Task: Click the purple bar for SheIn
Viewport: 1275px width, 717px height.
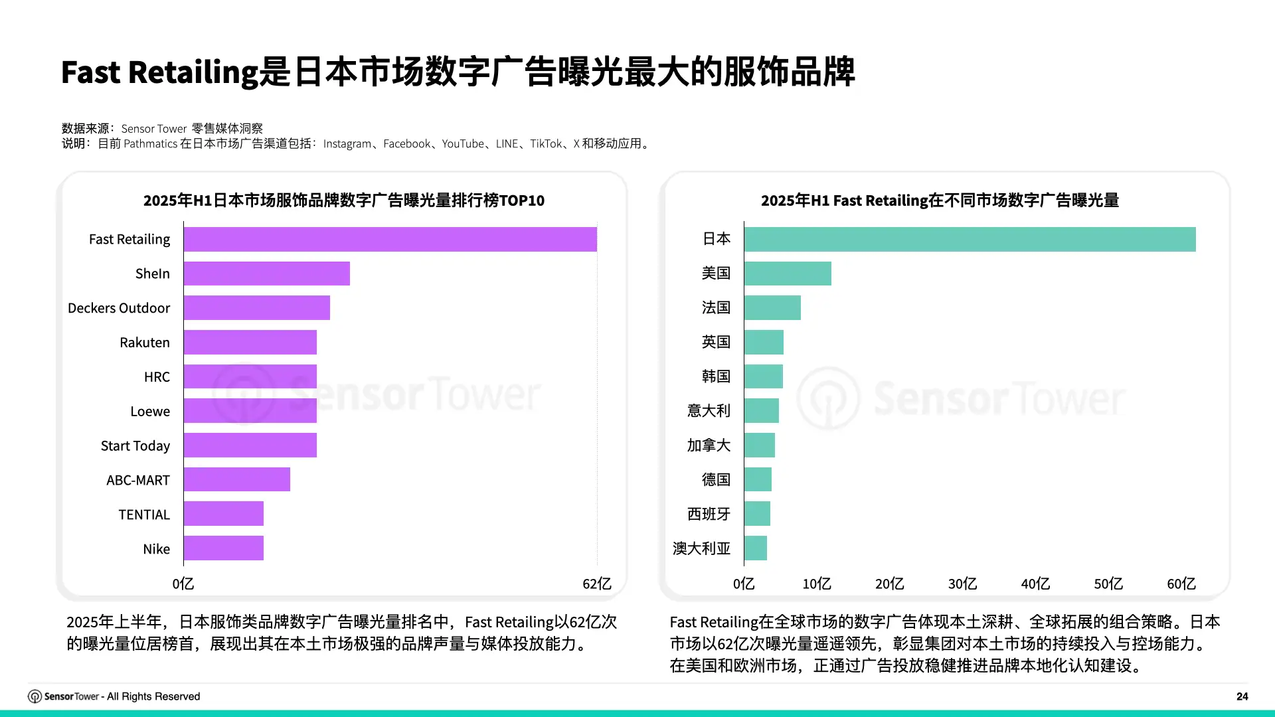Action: click(x=267, y=274)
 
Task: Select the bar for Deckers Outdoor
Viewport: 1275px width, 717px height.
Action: click(x=257, y=308)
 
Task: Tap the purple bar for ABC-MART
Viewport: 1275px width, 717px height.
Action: click(x=237, y=479)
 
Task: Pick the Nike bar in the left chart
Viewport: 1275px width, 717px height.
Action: click(x=224, y=548)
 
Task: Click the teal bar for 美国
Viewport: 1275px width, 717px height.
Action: click(x=788, y=274)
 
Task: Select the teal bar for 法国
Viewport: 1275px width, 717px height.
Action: click(x=772, y=308)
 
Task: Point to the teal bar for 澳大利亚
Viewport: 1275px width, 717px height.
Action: click(x=756, y=548)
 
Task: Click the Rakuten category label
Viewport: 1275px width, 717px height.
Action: click(x=145, y=343)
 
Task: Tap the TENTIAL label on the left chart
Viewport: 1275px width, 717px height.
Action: click(x=144, y=515)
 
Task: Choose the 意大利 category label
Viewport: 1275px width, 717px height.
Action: click(x=709, y=411)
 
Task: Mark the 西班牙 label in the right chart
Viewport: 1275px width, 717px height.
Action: click(x=709, y=514)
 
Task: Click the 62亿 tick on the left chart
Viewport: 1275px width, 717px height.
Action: click(x=597, y=584)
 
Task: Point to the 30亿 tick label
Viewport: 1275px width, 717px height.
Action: click(x=962, y=584)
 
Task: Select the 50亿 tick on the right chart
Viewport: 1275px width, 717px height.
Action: click(x=1108, y=584)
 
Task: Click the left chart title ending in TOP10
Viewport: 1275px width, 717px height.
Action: click(x=344, y=200)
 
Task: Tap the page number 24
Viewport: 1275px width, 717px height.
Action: click(x=1242, y=696)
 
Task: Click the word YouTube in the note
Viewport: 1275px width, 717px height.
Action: click(x=463, y=143)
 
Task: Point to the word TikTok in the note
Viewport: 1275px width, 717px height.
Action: click(x=546, y=143)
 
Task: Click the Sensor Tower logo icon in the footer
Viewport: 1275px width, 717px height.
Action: click(x=35, y=696)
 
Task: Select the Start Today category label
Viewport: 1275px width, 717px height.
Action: click(x=135, y=445)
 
